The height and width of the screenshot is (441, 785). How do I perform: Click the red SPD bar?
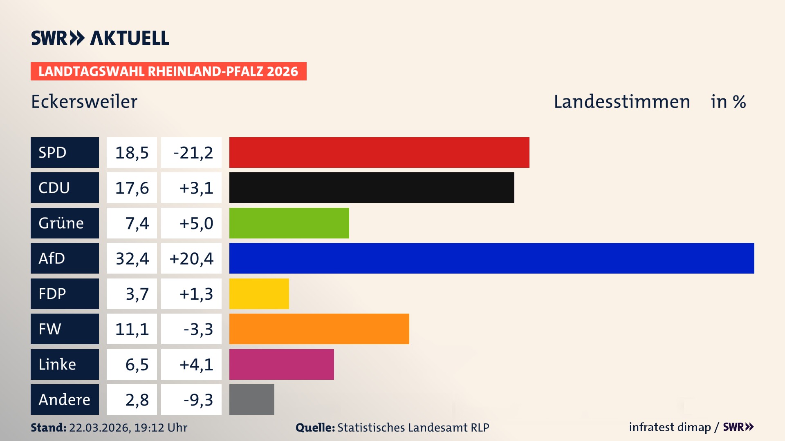(x=379, y=152)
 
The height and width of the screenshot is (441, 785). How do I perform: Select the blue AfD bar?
(x=491, y=258)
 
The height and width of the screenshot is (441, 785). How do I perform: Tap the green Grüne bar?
(x=289, y=223)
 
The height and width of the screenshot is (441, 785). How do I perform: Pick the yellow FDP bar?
(x=259, y=294)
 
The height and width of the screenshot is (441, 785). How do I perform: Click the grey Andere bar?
(x=251, y=399)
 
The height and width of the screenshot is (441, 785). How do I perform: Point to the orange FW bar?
(x=319, y=329)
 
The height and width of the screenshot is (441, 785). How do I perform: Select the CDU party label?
(x=65, y=188)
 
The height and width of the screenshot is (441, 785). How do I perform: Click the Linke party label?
(x=65, y=364)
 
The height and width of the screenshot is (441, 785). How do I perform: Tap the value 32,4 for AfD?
(x=132, y=258)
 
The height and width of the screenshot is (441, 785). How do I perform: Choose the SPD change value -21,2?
(x=191, y=153)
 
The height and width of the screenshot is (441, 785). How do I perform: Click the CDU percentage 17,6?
(x=132, y=188)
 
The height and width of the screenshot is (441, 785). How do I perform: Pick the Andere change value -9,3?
(x=191, y=400)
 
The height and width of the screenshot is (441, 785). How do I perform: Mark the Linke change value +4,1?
(x=191, y=364)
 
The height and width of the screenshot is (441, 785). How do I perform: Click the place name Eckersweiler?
(x=84, y=102)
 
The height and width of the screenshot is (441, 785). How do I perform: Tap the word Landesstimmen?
(x=621, y=102)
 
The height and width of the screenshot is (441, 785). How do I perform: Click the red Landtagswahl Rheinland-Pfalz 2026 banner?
(x=168, y=71)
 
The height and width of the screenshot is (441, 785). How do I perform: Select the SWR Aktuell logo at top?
(x=100, y=38)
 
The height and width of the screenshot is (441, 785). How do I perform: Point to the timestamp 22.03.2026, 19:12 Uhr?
(x=128, y=428)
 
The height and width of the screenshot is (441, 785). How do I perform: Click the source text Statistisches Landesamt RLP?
(x=413, y=428)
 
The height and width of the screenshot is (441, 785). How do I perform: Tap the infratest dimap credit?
(x=669, y=427)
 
